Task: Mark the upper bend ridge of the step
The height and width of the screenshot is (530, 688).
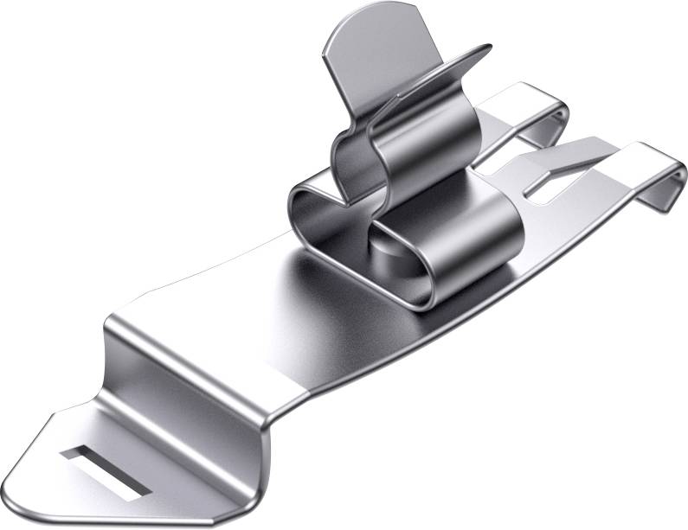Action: [199, 333]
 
